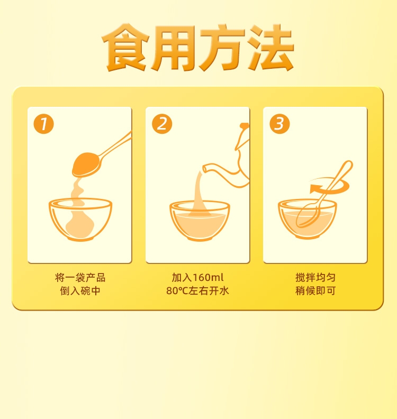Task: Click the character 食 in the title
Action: click(125, 48)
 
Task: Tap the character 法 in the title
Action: click(270, 48)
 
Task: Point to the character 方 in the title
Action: click(222, 48)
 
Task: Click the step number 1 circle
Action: click(43, 124)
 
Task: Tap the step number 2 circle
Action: click(162, 124)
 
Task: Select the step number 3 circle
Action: click(279, 124)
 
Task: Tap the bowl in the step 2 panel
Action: click(200, 221)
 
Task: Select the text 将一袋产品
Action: click(80, 278)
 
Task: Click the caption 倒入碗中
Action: click(80, 291)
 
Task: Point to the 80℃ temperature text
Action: click(177, 291)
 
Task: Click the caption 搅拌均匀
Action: click(315, 278)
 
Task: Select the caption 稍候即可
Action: click(315, 291)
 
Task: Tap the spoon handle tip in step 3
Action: click(349, 163)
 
